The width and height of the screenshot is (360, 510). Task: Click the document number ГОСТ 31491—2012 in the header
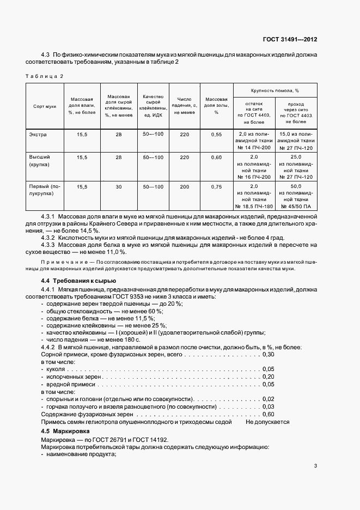[x=290, y=39]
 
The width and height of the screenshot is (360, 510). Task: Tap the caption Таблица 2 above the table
[x=45, y=76]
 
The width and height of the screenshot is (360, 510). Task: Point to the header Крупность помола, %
[x=275, y=90]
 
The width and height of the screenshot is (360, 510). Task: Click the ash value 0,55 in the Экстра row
[x=216, y=134]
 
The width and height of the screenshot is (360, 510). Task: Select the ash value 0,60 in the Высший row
[x=216, y=157]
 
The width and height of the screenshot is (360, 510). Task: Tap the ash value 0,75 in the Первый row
[x=216, y=187]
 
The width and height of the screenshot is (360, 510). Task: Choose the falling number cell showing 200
[x=184, y=187]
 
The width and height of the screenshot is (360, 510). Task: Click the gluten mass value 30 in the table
[x=119, y=187]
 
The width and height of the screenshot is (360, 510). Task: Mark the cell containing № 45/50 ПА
[x=296, y=207]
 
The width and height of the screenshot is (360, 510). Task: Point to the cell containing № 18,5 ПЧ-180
[x=254, y=207]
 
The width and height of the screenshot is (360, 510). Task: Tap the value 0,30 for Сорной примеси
[x=268, y=354]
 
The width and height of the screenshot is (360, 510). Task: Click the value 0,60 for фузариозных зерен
[x=268, y=414]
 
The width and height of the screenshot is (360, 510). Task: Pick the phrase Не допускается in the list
[x=267, y=422]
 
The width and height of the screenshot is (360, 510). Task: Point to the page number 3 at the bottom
[x=315, y=466]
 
